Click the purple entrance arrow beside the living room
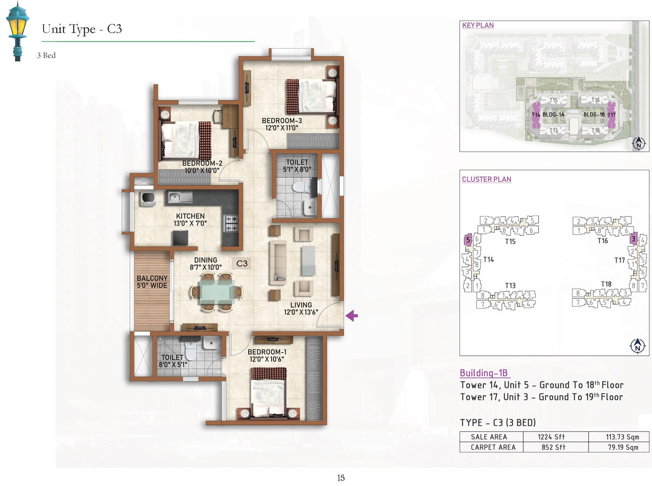click(352, 316)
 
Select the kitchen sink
click(180, 197)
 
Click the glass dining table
click(217, 291)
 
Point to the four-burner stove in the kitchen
click(231, 223)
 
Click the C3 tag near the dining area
click(242, 263)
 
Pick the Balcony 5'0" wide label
click(152, 282)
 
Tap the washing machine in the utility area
click(148, 198)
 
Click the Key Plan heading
click(478, 26)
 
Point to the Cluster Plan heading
click(486, 180)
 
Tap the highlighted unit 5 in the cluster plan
click(468, 240)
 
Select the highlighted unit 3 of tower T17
click(633, 239)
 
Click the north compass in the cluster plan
click(638, 346)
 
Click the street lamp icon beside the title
click(17, 31)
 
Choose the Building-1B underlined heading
click(484, 373)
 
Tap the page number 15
click(341, 478)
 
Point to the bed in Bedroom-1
click(269, 393)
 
